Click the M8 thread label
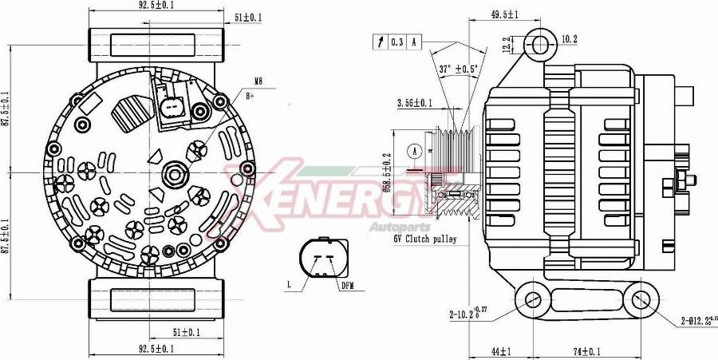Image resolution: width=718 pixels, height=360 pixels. point(258,81)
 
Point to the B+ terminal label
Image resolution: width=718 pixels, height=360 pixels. point(250,96)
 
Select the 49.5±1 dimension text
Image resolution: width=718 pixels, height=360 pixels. point(504,14)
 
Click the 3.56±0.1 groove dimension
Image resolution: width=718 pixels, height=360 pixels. point(415,103)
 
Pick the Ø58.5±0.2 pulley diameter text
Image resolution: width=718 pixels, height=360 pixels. point(388,175)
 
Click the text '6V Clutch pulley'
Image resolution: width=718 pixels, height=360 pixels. point(424,239)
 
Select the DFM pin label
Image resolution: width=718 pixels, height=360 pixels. point(347,285)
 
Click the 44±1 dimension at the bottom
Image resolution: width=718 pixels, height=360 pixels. point(501,351)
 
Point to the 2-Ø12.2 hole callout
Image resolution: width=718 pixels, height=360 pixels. point(695,322)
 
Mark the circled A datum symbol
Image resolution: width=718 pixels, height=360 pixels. point(413,150)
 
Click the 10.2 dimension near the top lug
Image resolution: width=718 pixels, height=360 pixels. point(569,38)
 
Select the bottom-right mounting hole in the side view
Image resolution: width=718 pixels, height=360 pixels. point(640,300)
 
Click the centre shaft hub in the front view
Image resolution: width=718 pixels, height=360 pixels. point(174,173)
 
